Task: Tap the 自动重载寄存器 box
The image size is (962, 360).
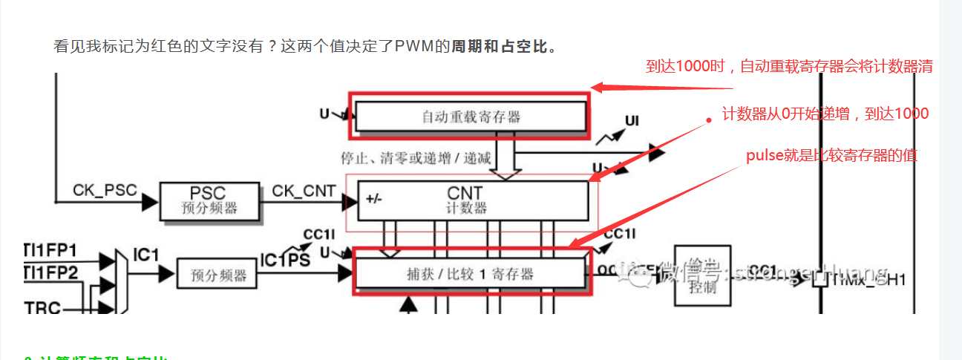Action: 471,116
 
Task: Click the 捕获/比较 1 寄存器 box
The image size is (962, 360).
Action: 471,274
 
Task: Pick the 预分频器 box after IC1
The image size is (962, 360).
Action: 217,275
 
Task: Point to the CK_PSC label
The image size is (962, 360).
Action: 105,190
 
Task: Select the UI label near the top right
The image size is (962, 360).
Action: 632,120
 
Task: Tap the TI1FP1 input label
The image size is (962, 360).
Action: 52,250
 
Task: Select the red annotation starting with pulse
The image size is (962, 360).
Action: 832,156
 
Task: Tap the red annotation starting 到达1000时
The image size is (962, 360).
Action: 788,67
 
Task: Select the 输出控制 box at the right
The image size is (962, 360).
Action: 701,275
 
